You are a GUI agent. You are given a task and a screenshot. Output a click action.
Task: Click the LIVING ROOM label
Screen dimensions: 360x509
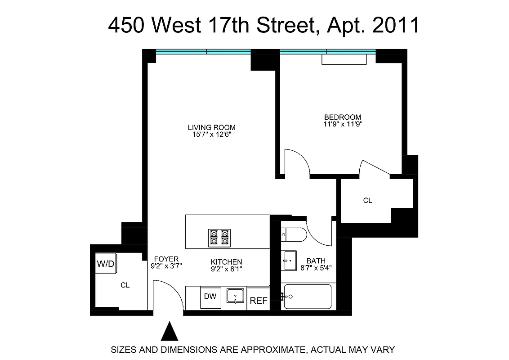tap(211, 127)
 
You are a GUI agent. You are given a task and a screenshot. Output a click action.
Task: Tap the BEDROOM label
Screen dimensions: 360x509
tap(343, 117)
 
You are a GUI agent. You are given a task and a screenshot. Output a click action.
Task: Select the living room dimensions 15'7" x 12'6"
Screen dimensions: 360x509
tap(211, 134)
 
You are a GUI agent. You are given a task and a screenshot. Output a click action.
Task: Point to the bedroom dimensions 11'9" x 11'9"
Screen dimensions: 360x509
tap(343, 124)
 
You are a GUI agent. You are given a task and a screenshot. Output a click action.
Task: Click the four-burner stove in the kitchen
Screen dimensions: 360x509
tap(219, 237)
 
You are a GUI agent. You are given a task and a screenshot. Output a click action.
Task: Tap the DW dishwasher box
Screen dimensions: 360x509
tap(210, 297)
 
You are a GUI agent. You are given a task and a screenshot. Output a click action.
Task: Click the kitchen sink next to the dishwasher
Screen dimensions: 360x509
tap(235, 296)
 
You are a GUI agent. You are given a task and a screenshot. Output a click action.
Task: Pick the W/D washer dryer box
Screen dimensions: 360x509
tap(106, 264)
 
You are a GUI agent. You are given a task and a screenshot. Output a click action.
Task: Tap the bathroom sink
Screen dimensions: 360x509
tap(290, 261)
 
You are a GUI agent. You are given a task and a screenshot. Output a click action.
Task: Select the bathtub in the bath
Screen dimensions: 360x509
tap(308, 297)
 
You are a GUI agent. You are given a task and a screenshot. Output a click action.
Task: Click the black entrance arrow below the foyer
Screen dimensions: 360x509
tap(170, 332)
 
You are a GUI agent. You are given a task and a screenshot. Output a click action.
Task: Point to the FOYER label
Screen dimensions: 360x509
tap(166, 259)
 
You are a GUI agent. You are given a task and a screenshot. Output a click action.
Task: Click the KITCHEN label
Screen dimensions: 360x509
tap(227, 262)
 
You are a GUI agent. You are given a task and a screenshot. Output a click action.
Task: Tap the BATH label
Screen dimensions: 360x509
tap(316, 261)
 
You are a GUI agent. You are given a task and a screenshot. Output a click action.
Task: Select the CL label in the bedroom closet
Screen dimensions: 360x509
tap(367, 201)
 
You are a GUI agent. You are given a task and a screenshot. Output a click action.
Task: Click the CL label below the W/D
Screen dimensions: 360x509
tap(125, 285)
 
